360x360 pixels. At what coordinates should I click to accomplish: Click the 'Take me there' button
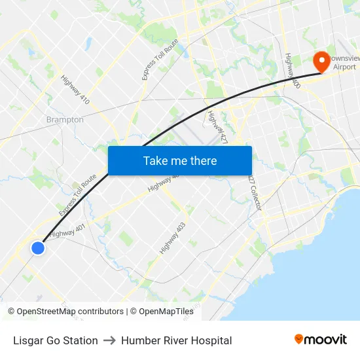pos(179,161)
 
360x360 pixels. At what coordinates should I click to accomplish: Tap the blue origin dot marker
pos(38,248)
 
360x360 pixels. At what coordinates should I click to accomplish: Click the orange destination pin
pos(322,62)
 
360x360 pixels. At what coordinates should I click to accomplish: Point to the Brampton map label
pos(65,120)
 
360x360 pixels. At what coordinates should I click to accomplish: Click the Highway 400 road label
pos(292,71)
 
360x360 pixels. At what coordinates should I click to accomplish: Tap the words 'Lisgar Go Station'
pos(56,340)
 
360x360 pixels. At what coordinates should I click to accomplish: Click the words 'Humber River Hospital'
pos(176,340)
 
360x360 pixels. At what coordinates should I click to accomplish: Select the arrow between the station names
pos(109,340)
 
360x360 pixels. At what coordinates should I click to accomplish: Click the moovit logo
pos(321,340)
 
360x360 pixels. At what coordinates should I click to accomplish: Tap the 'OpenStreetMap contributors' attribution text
pos(69,312)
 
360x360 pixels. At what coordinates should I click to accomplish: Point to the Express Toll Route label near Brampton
pos(77,196)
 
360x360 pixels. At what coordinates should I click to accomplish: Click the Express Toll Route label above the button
pos(152,60)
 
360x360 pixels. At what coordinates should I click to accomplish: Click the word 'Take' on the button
pos(155,161)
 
